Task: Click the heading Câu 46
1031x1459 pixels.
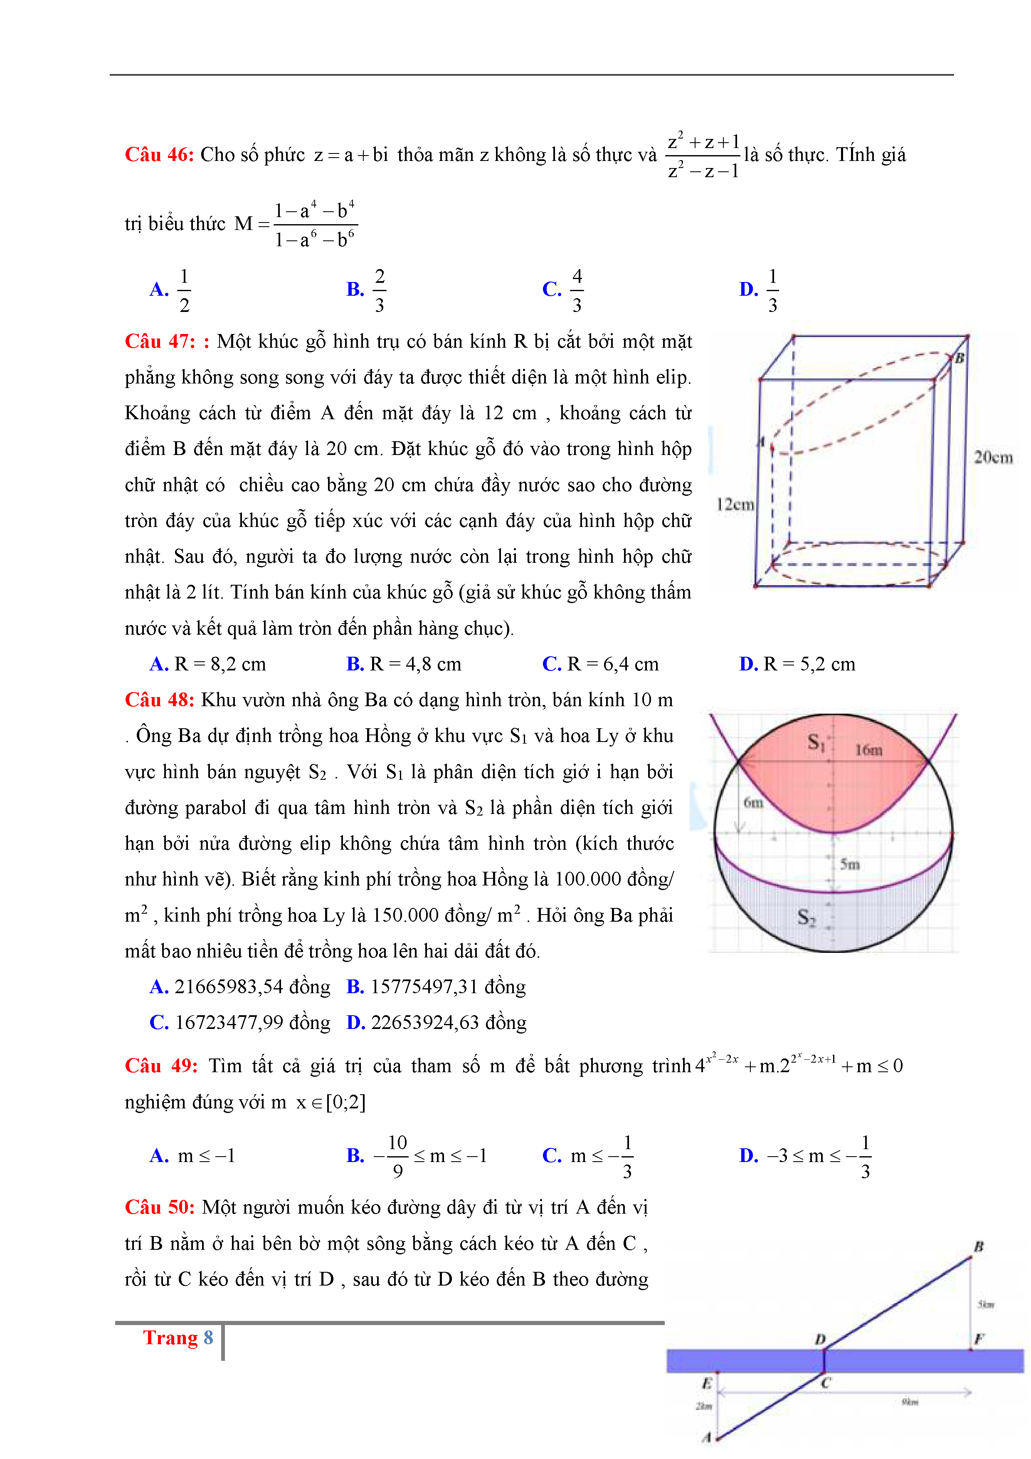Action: (159, 154)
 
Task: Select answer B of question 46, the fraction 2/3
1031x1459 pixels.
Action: (379, 290)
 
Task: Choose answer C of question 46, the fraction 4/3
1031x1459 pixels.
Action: (576, 290)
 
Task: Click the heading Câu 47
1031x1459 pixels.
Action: (160, 341)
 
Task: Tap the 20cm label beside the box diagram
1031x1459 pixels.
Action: (993, 457)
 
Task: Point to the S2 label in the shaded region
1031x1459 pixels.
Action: (806, 916)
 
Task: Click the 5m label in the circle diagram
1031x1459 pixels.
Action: (849, 864)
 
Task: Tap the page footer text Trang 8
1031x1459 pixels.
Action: (178, 1337)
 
